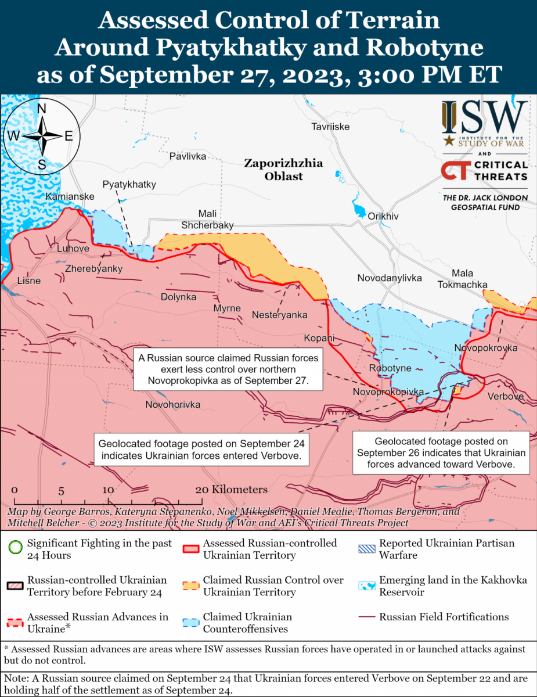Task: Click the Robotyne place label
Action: point(390,368)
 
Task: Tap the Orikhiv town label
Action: point(383,216)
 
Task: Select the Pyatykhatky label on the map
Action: point(129,184)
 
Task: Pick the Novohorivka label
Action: point(172,404)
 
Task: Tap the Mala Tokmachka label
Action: point(462,279)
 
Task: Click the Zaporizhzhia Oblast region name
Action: point(283,169)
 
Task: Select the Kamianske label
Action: point(70,197)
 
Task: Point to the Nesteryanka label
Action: point(279,315)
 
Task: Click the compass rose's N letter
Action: point(42,109)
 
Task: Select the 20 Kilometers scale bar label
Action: point(232,490)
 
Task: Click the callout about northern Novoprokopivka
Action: point(228,370)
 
